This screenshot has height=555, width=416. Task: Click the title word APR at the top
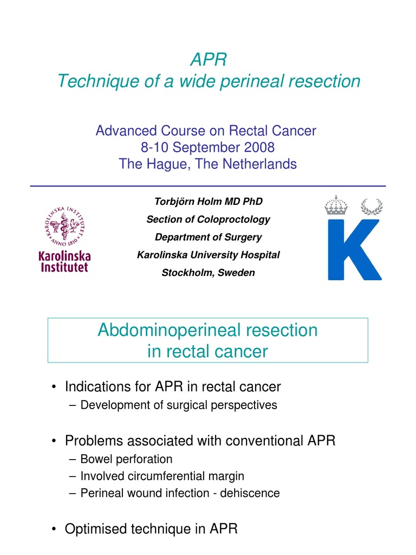209,59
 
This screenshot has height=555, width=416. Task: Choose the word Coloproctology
233,220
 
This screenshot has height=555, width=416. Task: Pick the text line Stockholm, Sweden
208,273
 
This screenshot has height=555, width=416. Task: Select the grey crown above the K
336,205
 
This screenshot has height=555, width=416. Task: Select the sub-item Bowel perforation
126,459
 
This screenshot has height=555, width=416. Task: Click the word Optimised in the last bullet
97,528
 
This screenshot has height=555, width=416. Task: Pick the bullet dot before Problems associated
55,441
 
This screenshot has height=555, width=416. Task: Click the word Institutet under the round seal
64,267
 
